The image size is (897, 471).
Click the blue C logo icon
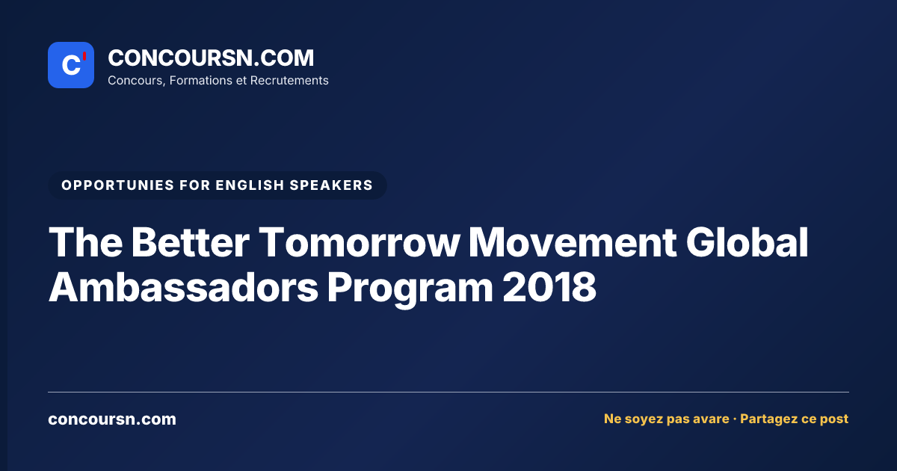71,65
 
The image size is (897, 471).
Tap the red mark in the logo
84,56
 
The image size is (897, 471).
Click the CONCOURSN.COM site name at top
211,58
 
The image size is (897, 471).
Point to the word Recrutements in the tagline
289,81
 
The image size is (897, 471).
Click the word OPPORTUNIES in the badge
117,185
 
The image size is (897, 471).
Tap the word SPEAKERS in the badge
331,185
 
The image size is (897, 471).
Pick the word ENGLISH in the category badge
250,185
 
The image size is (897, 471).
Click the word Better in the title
190,242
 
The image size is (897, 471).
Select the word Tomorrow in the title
360,242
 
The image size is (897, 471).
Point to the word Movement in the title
573,242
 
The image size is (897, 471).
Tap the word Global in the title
747,242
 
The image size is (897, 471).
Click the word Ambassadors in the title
183,287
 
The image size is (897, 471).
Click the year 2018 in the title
549,287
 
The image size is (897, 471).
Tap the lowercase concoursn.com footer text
112,419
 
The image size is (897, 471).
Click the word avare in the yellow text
709,419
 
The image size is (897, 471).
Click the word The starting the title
86,242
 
